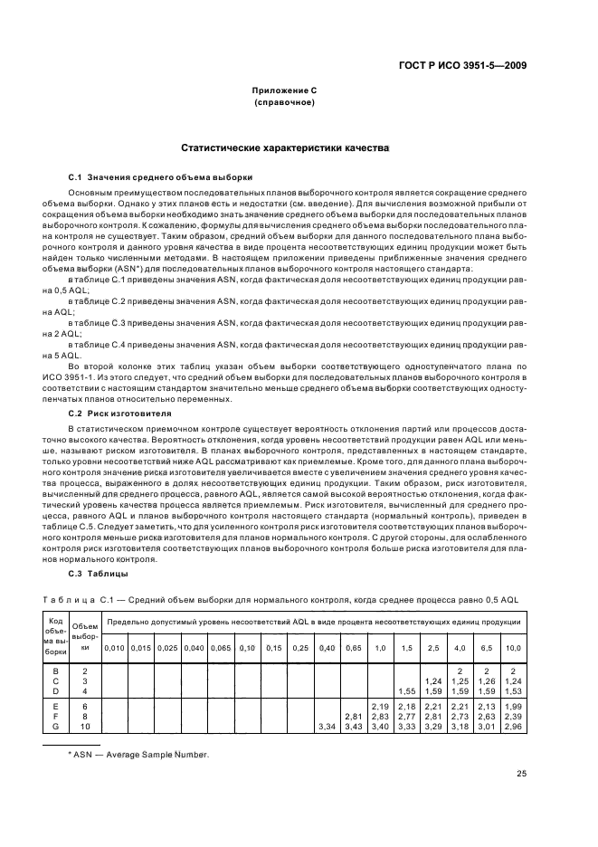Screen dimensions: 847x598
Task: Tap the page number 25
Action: pos(521,773)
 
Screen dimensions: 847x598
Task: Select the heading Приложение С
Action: pos(285,90)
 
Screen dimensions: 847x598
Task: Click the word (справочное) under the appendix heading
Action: pos(285,102)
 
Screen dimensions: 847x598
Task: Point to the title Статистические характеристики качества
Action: pos(285,147)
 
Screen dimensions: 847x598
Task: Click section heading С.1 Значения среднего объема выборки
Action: pos(161,177)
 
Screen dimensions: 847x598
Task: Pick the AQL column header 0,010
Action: pos(114,648)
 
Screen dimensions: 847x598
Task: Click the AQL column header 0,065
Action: pos(220,648)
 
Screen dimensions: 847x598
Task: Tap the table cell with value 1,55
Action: pos(406,690)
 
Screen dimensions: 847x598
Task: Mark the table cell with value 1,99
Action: pos(514,705)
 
